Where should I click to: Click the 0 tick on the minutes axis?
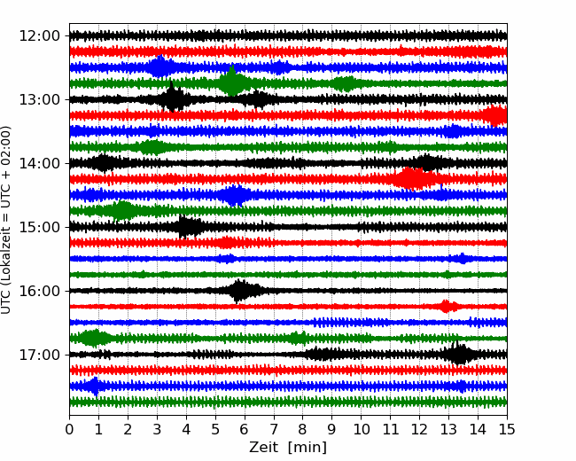click(x=70, y=430)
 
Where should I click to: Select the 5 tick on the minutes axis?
click(x=215, y=430)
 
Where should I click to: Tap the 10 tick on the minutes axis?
click(x=361, y=430)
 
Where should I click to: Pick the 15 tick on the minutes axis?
click(x=506, y=430)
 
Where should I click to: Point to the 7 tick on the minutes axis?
click(x=274, y=430)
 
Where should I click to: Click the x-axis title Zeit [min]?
click(x=288, y=448)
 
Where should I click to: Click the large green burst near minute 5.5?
click(x=232, y=82)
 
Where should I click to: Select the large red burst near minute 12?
click(x=412, y=178)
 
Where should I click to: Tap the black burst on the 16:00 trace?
click(x=240, y=290)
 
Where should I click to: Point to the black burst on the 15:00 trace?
click(x=186, y=227)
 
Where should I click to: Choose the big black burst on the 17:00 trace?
click(x=458, y=355)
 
